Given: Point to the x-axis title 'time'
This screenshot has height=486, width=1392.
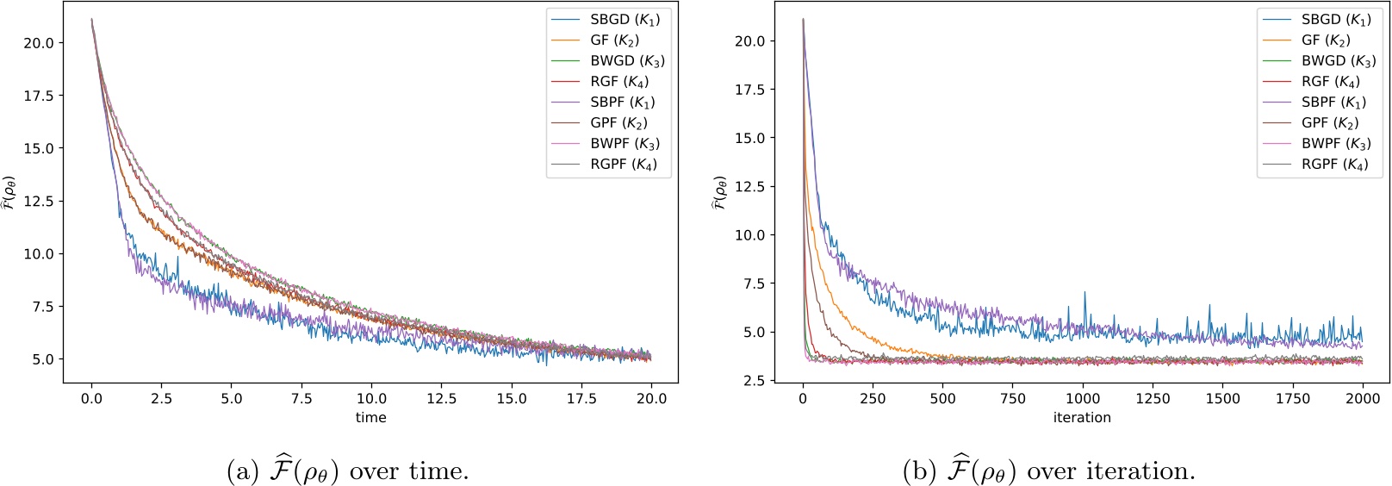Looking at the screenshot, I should click(x=370, y=418).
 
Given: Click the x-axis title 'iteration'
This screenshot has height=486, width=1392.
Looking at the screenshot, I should click(x=1082, y=418).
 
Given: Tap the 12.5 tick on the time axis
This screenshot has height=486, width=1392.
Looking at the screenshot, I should click(x=441, y=398).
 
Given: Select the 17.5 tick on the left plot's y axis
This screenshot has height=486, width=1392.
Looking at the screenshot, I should click(x=39, y=96).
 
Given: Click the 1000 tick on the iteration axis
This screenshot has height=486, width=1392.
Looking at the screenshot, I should click(x=1083, y=398).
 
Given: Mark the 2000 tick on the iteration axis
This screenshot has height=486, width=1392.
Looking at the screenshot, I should click(x=1362, y=398).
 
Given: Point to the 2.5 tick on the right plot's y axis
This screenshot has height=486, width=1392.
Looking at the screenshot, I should click(x=750, y=380).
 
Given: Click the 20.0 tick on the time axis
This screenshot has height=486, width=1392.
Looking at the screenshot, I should click(x=651, y=398).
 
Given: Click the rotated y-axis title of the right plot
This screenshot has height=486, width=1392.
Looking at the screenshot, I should click(x=718, y=193).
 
